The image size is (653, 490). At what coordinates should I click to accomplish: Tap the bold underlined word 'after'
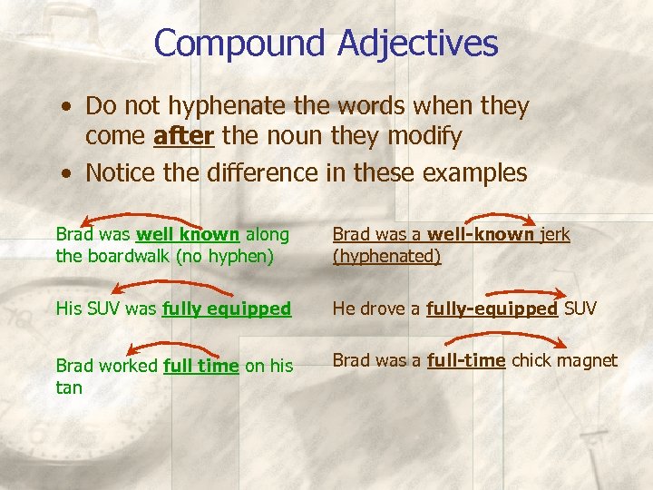(184, 137)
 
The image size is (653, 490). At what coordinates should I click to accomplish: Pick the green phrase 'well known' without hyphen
(188, 234)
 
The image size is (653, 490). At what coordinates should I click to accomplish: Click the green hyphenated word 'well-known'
(480, 234)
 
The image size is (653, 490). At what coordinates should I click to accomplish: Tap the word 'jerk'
(554, 234)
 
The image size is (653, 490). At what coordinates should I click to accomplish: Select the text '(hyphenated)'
(386, 256)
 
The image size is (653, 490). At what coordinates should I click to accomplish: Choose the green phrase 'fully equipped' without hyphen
(227, 309)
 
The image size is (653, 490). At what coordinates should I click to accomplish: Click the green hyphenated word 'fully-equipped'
(492, 309)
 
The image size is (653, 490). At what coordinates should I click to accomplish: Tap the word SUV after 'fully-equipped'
(580, 309)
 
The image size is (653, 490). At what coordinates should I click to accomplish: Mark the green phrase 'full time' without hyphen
(200, 366)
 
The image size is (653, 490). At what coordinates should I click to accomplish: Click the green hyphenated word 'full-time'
(465, 360)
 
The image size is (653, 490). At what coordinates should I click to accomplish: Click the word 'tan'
(69, 387)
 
